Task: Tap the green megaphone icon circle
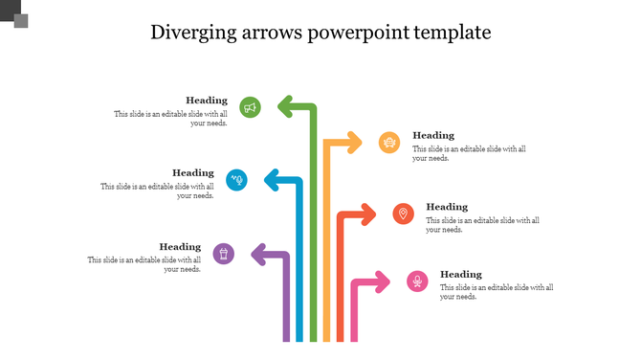click(251, 108)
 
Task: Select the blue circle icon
click(236, 179)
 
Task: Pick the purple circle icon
click(223, 254)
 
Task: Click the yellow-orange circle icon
click(389, 144)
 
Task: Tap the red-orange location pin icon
click(404, 214)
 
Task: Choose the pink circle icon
click(417, 281)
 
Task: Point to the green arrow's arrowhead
click(283, 103)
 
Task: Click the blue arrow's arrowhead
click(270, 178)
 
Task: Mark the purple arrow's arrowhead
click(256, 254)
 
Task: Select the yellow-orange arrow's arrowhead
click(356, 144)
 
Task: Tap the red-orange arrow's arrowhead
click(369, 214)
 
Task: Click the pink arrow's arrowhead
click(383, 281)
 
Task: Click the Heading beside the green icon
click(207, 101)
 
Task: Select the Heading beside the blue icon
click(193, 173)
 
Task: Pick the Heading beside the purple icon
click(180, 247)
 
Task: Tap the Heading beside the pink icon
click(461, 275)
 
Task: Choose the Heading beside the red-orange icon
click(447, 207)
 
